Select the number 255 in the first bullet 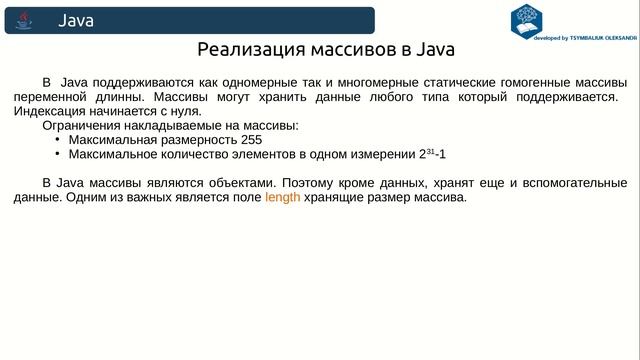251,140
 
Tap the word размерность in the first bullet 195,140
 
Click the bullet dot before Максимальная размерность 57,140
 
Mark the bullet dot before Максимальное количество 57,155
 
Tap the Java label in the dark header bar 76,20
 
